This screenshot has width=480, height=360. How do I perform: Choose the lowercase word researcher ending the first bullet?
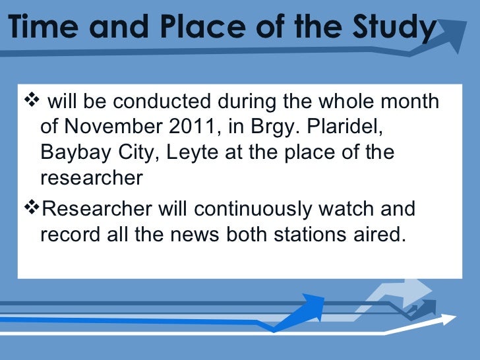92,178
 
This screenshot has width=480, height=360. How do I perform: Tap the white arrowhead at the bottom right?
449,321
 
